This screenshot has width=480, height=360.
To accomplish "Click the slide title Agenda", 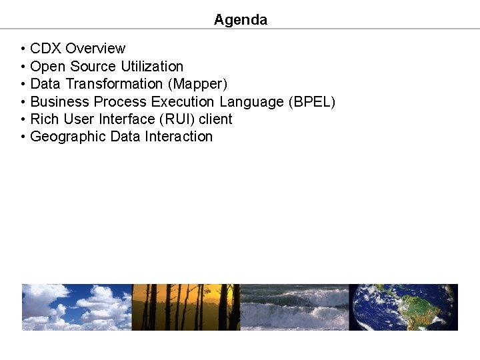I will [240, 20].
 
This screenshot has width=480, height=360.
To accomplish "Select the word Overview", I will [95, 49].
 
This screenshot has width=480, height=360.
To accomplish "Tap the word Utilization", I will [152, 67].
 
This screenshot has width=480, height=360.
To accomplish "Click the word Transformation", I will [114, 84].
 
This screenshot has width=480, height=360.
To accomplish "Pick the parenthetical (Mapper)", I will [198, 84].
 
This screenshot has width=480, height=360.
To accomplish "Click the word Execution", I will [183, 102].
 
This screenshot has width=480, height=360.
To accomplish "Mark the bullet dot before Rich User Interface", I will [23, 120].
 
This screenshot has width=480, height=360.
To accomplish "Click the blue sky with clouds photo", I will [77, 307].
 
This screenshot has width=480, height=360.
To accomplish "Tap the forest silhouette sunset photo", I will [186, 307].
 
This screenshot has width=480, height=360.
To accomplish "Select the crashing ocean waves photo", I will [294, 307].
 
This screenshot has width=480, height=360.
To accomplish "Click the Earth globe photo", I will [403, 307].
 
